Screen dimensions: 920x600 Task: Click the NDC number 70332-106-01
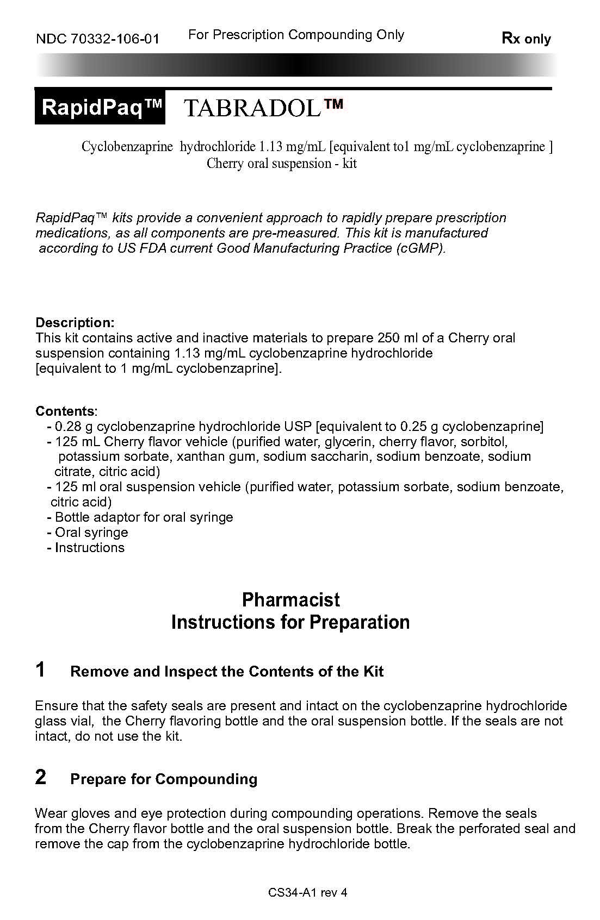[97, 39]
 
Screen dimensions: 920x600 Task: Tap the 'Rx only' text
[526, 39]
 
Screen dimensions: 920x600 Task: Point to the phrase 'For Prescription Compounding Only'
[296, 35]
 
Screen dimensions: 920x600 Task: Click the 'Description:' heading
[75, 322]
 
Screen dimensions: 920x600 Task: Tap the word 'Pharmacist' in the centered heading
[290, 600]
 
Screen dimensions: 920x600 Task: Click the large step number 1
[40, 669]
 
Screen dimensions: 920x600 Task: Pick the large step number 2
[40, 777]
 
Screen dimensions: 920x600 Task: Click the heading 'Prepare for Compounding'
[164, 779]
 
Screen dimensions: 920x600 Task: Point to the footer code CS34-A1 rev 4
[307, 892]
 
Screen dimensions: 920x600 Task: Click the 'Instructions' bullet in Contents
[89, 547]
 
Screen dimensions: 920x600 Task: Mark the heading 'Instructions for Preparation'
[290, 622]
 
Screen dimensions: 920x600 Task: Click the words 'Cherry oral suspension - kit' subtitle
[281, 164]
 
